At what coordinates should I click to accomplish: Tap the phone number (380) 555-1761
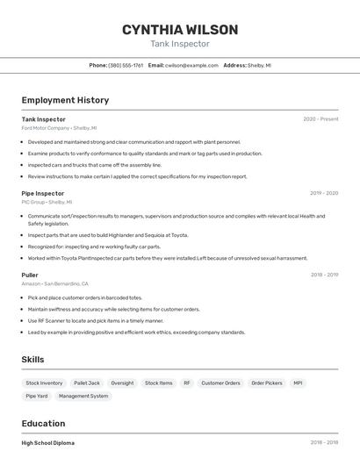(125, 65)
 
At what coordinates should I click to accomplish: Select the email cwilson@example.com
(191, 65)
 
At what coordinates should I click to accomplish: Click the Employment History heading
(65, 100)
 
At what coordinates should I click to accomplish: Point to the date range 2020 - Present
(320, 119)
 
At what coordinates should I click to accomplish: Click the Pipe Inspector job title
(43, 193)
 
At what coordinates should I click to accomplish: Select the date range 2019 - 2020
(324, 193)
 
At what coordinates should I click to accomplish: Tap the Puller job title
(30, 275)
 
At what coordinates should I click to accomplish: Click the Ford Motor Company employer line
(59, 127)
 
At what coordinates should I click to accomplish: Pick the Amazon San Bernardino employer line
(54, 283)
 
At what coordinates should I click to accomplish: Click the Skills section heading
(32, 360)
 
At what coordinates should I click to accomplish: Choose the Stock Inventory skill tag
(44, 383)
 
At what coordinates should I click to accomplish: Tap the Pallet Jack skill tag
(87, 383)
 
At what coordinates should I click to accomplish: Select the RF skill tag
(187, 383)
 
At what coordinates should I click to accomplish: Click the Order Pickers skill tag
(267, 383)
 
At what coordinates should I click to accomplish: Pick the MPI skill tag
(299, 383)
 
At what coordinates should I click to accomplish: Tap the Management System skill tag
(83, 397)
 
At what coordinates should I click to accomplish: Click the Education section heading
(43, 424)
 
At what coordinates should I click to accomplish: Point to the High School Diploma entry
(48, 443)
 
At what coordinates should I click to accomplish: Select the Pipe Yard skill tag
(36, 397)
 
